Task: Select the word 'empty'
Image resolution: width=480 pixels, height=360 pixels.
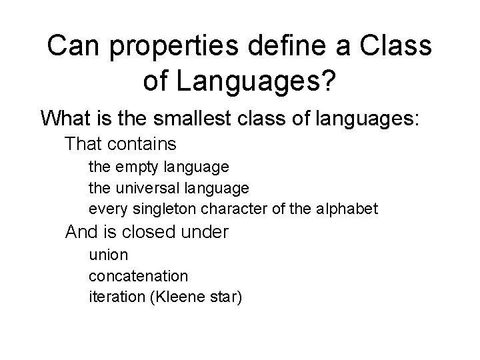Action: (x=133, y=166)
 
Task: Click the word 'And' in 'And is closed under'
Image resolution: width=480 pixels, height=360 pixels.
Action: (x=80, y=232)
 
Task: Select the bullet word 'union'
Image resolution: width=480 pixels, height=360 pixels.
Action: (x=108, y=254)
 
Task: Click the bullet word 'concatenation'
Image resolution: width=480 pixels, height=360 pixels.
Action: (x=138, y=275)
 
